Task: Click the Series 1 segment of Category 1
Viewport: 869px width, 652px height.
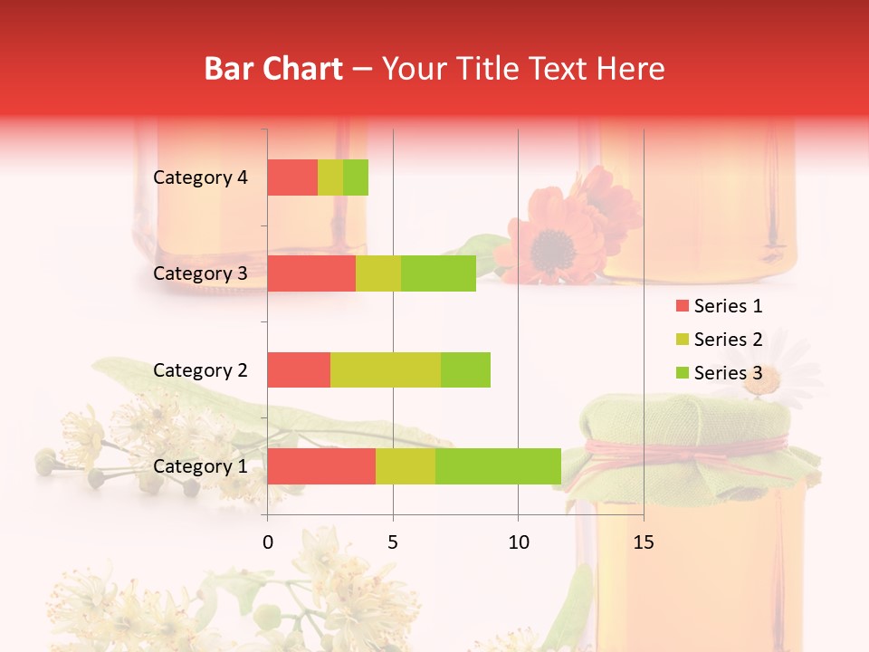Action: (321, 465)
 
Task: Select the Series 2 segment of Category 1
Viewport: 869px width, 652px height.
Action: (406, 465)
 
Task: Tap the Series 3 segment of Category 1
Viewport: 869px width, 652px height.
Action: (498, 465)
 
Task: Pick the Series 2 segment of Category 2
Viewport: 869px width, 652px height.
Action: (386, 369)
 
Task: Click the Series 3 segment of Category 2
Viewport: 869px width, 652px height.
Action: (465, 369)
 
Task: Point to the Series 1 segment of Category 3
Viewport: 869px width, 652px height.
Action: (311, 273)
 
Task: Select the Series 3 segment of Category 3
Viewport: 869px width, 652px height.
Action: (438, 273)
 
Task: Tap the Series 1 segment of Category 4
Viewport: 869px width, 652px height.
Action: (292, 177)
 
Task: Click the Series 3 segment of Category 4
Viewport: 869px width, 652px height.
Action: (356, 177)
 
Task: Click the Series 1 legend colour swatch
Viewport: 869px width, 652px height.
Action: (682, 306)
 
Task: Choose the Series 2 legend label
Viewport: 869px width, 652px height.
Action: (728, 340)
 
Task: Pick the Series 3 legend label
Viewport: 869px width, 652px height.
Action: (728, 373)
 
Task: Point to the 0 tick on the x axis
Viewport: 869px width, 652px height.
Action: (268, 542)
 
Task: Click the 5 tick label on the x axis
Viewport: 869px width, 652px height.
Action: (393, 542)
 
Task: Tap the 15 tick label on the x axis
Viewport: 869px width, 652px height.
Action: (643, 542)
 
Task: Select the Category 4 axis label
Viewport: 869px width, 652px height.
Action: (200, 177)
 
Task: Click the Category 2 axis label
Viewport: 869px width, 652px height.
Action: (200, 369)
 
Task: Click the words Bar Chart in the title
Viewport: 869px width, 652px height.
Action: (273, 69)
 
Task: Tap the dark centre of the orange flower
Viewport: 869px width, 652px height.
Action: (549, 244)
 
